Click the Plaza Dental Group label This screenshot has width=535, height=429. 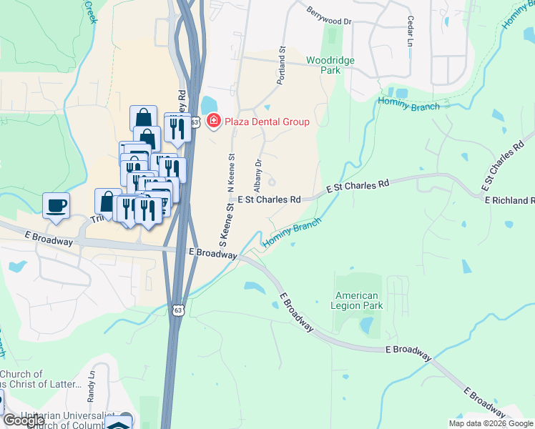[x=267, y=122]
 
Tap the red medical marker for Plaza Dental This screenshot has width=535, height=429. [x=212, y=121]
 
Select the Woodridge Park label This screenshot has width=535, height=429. [x=330, y=65]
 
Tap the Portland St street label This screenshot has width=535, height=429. [x=282, y=66]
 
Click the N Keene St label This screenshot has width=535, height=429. [x=231, y=172]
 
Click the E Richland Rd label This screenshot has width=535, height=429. [x=509, y=201]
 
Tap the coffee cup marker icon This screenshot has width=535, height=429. [x=56, y=206]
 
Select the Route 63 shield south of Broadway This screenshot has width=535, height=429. [x=178, y=310]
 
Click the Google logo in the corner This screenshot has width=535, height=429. [x=23, y=420]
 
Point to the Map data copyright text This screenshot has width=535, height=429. [x=490, y=423]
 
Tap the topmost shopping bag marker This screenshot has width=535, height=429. [x=143, y=117]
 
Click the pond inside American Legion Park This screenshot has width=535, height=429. [x=366, y=325]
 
